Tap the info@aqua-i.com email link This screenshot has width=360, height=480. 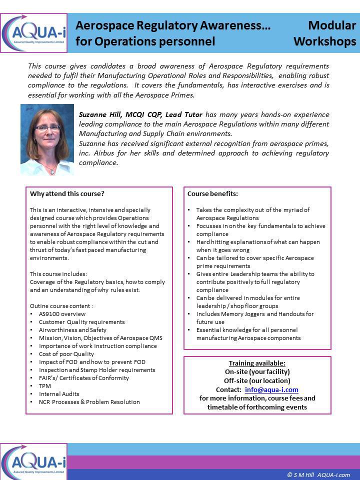coord(271,389)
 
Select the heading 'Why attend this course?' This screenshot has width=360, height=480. coord(67,194)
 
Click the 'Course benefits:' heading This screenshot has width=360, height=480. coord(212,194)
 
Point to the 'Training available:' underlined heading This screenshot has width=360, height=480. coord(257,363)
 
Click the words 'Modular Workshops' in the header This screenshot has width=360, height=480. coord(325,33)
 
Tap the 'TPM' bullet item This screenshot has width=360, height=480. coord(44,386)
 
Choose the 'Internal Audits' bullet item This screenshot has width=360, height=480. coord(58,394)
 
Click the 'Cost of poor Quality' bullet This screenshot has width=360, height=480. coord(66,354)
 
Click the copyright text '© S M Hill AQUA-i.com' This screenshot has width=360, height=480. coord(318,475)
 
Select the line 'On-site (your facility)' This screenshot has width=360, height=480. coord(257,371)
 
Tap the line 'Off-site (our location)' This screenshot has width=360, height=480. coord(257,380)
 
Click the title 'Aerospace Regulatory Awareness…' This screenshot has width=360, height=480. coord(173,26)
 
